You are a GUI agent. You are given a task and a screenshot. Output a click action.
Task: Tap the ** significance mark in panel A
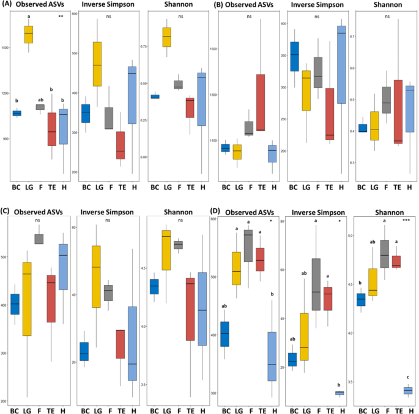(61, 16)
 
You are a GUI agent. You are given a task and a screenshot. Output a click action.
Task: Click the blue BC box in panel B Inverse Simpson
(295, 57)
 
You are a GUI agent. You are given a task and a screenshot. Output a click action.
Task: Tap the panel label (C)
(7, 211)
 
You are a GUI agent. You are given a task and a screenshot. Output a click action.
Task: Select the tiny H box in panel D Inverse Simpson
(339, 393)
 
